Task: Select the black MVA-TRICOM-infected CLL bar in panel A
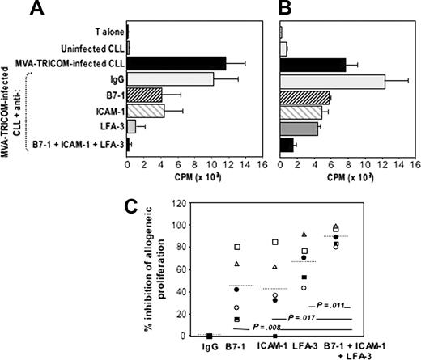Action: coord(176,62)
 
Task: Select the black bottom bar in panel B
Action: coord(287,145)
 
